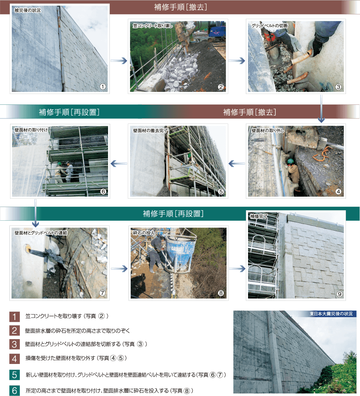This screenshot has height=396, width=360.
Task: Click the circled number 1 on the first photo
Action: tap(103, 87)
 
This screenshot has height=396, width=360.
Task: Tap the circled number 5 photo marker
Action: tap(221, 192)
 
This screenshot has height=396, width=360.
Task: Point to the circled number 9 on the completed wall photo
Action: tap(339, 294)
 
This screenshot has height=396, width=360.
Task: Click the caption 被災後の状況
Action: tap(27, 10)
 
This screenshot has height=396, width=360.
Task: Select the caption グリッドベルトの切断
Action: tap(270, 26)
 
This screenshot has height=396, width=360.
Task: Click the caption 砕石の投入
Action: tap(144, 233)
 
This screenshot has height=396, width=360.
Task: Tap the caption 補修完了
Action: tap(259, 216)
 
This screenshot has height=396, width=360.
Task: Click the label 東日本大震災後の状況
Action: tap(331, 314)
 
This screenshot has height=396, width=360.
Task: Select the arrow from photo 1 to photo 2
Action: tap(119, 61)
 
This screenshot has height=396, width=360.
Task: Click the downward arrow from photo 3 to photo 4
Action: tap(321, 109)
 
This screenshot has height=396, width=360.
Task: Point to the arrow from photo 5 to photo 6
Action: tap(119, 164)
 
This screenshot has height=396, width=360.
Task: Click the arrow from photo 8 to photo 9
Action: tap(237, 269)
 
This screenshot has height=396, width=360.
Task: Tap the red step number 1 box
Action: tap(14, 316)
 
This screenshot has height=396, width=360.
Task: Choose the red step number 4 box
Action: tap(14, 359)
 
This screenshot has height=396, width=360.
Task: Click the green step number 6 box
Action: tap(14, 391)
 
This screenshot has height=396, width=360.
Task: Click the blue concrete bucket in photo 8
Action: tap(180, 253)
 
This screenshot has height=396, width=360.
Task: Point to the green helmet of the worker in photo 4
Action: tap(291, 161)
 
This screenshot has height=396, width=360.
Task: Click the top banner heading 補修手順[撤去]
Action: tap(180, 7)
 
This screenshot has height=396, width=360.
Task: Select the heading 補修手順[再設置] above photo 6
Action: tap(69, 112)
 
